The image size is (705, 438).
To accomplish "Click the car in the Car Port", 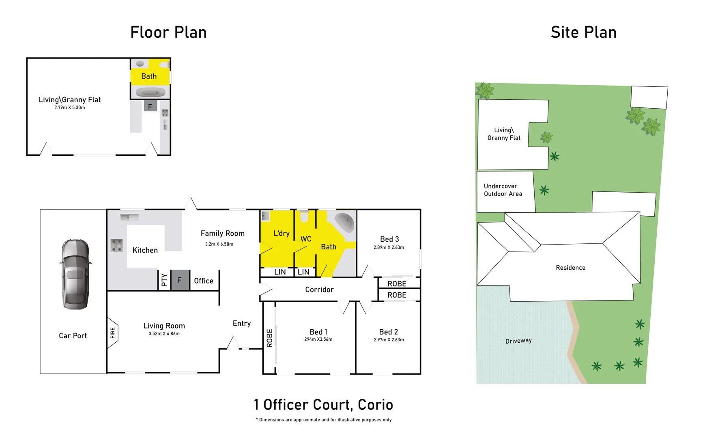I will [75, 275].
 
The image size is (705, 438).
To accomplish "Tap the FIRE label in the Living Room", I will [112, 333].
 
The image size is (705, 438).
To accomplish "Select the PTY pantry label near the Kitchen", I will [164, 280].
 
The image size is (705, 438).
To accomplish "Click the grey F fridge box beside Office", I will [180, 280].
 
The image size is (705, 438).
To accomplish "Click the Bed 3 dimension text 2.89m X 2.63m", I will [389, 247].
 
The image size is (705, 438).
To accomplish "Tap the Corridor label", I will [319, 290].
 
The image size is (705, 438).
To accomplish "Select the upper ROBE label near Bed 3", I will [397, 284].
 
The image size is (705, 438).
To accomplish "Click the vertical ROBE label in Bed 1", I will [269, 338].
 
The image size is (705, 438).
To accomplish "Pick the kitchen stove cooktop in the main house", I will [116, 246].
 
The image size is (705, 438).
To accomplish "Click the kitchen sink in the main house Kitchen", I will [129, 217].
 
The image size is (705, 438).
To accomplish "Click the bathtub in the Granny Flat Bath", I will [150, 93].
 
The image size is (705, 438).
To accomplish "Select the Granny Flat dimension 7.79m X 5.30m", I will [70, 108].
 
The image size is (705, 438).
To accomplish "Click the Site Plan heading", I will [583, 32].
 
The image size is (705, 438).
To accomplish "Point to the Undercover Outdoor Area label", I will [503, 190].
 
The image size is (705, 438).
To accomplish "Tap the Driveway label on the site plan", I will [518, 341].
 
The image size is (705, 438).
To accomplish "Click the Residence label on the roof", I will [570, 268].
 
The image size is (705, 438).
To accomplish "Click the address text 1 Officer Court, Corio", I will [323, 405].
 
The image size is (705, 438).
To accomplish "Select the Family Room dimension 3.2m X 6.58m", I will [219, 244].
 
